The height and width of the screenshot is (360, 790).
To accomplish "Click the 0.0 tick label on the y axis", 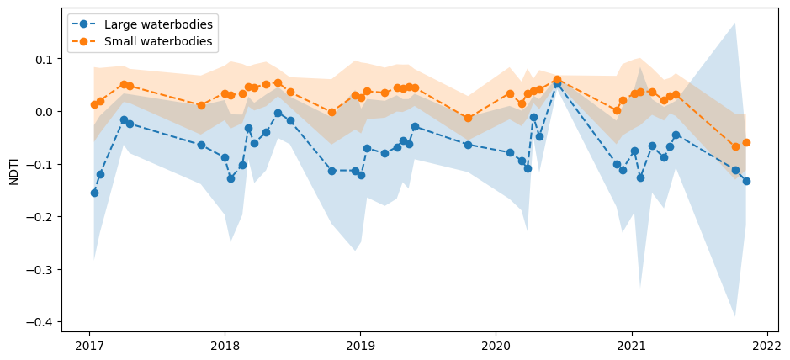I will [44, 112].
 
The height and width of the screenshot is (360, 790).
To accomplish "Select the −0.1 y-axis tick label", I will [40, 164].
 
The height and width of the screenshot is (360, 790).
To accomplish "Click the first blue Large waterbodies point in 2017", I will [94, 193].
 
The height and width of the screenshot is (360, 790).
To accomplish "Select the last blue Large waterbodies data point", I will [746, 181].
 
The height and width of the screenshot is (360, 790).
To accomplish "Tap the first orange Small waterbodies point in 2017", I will [94, 104].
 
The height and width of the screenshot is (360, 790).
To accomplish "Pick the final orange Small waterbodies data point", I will [746, 142].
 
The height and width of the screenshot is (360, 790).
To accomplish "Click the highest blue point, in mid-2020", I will [557, 84].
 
